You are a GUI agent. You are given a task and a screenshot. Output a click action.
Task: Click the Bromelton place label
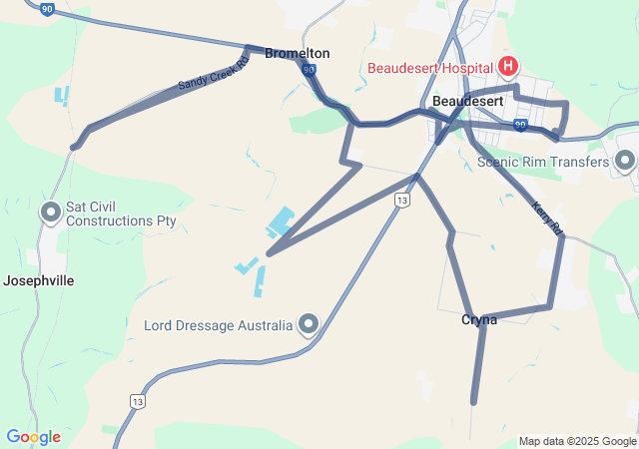297,53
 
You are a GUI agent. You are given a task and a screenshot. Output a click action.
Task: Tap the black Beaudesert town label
468,102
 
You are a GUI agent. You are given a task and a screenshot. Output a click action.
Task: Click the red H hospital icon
508,67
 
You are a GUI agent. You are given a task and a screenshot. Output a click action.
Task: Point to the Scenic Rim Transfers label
542,162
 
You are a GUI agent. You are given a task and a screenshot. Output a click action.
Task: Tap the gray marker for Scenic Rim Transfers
625,160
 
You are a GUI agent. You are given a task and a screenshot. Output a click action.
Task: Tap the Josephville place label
39,280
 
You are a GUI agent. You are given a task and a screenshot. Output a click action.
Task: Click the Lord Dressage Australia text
218,325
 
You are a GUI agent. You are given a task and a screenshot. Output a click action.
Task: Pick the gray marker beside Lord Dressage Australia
309,324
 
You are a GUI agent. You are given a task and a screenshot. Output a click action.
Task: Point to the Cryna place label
479,319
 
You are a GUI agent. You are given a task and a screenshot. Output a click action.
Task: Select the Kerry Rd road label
548,220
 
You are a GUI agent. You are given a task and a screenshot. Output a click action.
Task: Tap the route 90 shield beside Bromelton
309,70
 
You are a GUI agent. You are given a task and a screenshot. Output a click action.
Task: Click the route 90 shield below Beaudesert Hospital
520,125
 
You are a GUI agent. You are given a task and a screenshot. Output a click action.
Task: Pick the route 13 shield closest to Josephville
135,400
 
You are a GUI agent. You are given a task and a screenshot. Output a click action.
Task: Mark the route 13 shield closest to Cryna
401,201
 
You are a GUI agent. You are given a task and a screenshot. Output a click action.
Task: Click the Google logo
33,437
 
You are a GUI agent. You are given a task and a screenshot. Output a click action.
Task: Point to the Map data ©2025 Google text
577,441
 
